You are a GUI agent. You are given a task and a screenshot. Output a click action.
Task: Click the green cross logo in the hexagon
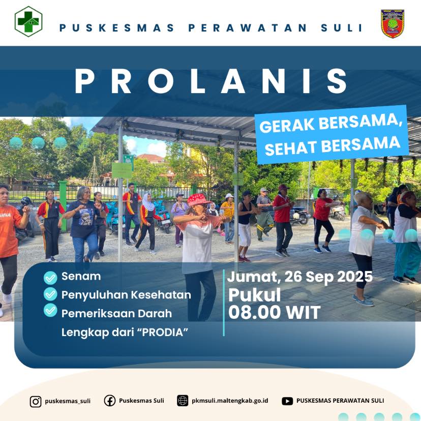(x=28, y=21)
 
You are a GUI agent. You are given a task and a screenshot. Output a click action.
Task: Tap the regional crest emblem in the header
(x=392, y=23)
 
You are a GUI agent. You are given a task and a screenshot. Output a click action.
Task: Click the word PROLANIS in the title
(x=211, y=81)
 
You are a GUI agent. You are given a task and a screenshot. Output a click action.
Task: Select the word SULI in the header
(x=342, y=27)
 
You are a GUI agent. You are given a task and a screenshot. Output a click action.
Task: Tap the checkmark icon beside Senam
(x=50, y=278)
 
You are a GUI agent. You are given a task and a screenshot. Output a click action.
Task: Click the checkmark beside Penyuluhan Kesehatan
(x=50, y=294)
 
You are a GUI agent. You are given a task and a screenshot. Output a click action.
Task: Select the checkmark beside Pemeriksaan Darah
(x=50, y=310)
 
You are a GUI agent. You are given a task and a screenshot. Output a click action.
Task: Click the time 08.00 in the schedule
(x=255, y=312)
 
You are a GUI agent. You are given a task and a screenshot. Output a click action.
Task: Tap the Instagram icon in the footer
(x=36, y=402)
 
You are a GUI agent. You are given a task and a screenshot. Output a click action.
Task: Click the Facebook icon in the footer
(x=109, y=401)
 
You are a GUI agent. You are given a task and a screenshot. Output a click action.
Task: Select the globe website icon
(x=183, y=401)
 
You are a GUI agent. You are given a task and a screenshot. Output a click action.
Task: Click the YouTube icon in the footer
(x=287, y=401)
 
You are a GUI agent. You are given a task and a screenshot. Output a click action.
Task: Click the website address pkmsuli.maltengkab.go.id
(x=230, y=401)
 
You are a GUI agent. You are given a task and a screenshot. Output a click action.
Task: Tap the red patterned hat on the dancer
(x=198, y=200)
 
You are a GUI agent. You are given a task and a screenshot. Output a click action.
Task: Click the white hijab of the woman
(x=148, y=202)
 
